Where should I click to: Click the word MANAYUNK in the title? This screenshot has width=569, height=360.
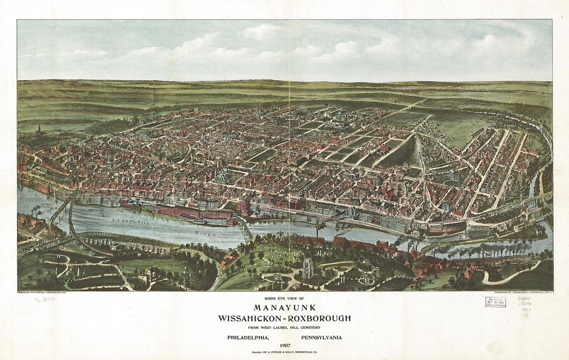pos(284,307)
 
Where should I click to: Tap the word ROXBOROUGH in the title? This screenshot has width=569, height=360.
pos(320,318)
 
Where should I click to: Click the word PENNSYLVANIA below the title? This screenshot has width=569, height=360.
pos(321,338)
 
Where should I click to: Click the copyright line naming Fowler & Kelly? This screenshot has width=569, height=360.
pos(284,352)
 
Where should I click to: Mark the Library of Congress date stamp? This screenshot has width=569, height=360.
pos(496,302)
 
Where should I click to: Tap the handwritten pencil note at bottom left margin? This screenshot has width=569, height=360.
pos(44,300)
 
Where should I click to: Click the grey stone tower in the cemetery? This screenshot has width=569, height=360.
pos(308,267)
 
